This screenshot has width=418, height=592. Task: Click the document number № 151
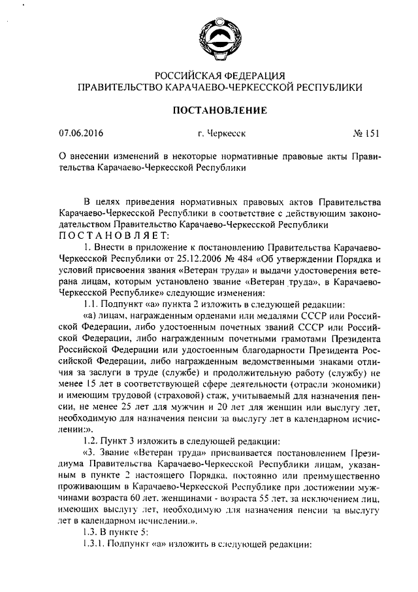click(366, 135)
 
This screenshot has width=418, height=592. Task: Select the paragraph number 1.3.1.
click(95, 544)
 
